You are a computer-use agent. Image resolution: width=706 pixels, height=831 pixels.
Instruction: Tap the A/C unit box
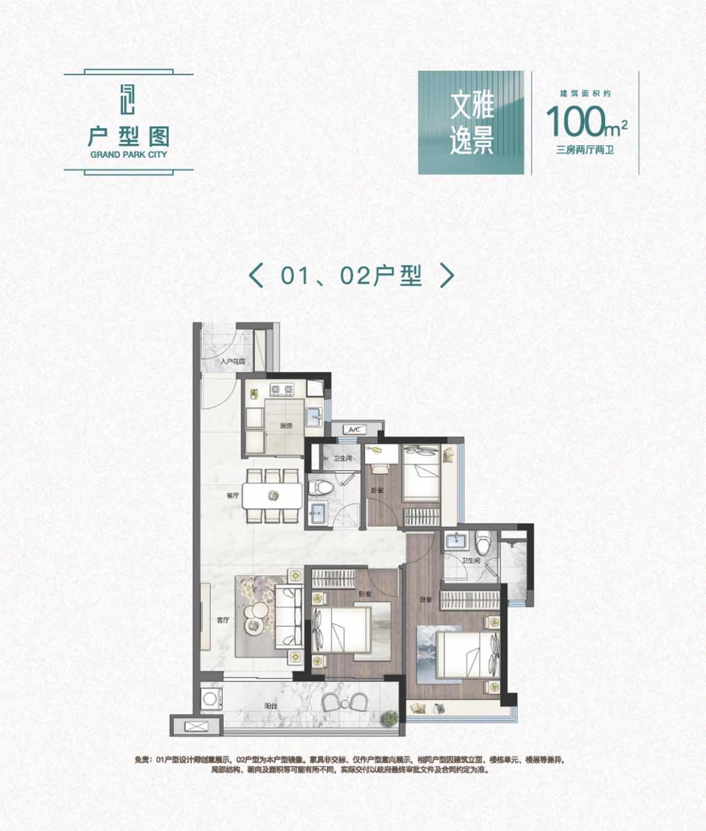click(353, 430)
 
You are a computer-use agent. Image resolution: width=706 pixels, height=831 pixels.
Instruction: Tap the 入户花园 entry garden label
click(233, 362)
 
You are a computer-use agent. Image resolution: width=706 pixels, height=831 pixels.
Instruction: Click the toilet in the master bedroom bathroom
click(483, 541)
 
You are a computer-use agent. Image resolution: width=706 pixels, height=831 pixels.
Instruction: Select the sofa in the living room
click(289, 616)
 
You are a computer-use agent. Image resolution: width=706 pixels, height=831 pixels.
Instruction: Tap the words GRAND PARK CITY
click(129, 154)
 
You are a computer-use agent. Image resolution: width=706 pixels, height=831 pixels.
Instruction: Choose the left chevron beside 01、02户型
click(256, 275)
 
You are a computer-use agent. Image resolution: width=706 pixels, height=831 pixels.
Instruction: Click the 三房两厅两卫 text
click(585, 150)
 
